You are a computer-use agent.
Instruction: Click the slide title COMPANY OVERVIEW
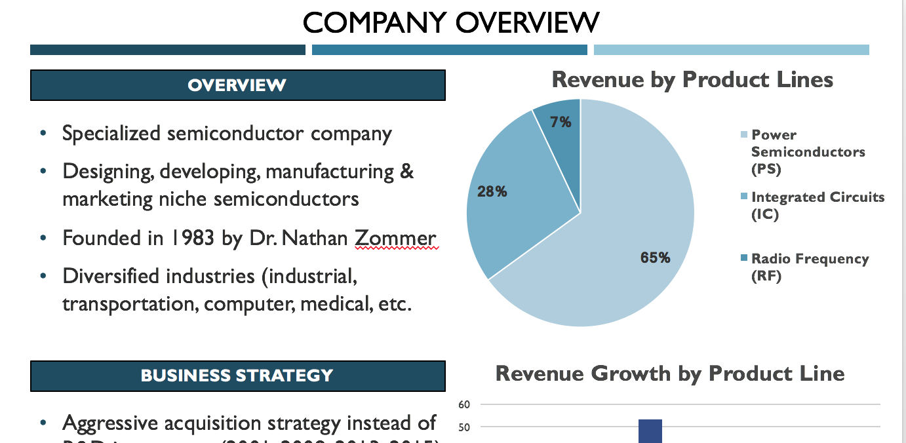point(451,23)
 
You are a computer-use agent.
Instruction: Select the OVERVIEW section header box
point(237,85)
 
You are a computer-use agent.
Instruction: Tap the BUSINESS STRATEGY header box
point(237,376)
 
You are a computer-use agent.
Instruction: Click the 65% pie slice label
point(655,258)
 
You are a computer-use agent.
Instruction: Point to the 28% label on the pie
point(492,192)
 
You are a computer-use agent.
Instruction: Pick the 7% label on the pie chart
point(561,123)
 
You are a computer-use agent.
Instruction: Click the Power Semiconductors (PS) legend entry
point(807,151)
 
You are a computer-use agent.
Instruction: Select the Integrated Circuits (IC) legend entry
point(817,206)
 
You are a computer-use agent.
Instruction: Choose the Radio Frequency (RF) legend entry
point(809,267)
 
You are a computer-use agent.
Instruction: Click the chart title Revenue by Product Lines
point(692,80)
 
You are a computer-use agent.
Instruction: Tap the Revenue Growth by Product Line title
point(669,374)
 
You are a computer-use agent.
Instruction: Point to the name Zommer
point(395,238)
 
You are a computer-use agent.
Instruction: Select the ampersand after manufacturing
point(406,172)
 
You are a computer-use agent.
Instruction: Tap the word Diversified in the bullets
point(110,276)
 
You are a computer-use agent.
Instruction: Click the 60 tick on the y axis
point(464,404)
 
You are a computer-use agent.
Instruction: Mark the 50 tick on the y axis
point(464,427)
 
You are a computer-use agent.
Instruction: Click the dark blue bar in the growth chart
point(650,431)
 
